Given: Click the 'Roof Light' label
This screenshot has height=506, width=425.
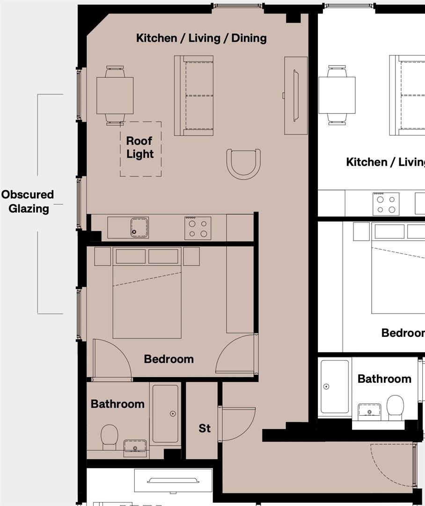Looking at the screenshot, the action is [140, 147].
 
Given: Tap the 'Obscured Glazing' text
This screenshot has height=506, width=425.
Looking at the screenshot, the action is [28, 201].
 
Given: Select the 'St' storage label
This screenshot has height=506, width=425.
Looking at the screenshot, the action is [205, 428].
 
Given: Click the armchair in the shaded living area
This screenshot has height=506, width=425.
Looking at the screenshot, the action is [243, 164].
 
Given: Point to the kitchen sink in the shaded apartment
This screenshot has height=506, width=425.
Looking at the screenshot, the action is [139, 228].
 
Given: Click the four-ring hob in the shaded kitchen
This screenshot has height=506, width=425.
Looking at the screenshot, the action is [198, 228].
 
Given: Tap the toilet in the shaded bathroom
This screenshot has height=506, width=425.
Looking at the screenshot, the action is [110, 437].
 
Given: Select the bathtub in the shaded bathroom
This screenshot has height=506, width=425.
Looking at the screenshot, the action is [165, 413].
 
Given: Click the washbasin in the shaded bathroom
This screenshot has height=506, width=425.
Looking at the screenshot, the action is [135, 448].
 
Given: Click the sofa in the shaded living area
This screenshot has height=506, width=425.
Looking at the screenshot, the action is [194, 96].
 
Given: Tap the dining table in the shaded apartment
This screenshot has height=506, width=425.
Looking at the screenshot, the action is [115, 96].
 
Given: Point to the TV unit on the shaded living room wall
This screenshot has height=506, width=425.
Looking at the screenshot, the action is [296, 96].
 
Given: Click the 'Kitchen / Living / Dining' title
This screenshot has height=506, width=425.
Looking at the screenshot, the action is [201, 38].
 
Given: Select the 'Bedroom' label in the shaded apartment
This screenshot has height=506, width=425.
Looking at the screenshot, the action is [169, 359].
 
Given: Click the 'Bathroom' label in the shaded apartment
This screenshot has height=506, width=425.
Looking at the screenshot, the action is [117, 404].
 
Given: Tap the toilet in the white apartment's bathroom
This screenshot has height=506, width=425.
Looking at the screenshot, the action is [395, 407].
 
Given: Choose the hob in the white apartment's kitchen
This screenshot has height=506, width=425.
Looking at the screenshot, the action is [386, 204].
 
